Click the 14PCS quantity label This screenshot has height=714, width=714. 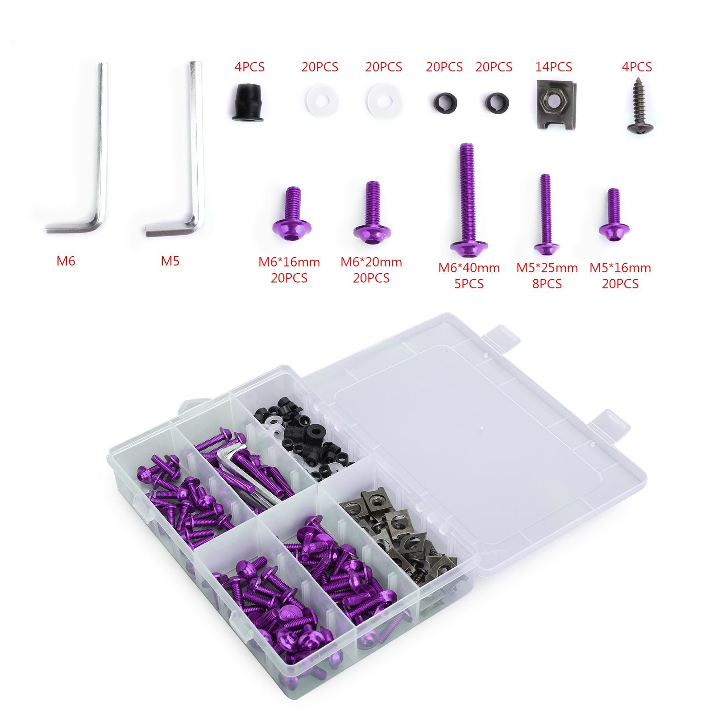coord(553,67)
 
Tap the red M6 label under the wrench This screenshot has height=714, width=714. coord(66,261)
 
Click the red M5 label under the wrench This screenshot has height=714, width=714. coord(170,261)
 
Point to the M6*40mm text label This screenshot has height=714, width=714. coord(469,268)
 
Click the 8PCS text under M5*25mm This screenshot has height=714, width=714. coord(547,284)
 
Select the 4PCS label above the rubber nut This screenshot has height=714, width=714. coord(249,67)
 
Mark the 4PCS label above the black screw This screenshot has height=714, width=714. coord(637,67)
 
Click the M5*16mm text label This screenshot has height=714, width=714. coord(620,268)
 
